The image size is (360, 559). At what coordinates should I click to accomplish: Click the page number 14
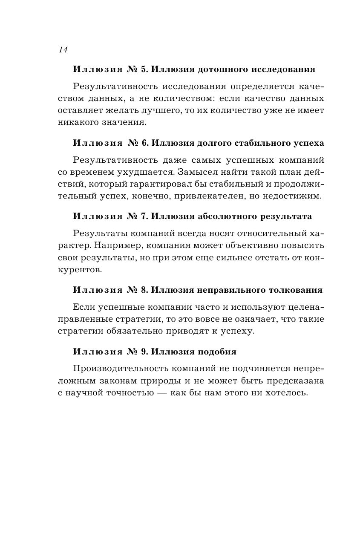coord(63,50)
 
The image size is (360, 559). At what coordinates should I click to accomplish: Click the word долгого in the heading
coord(215,143)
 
